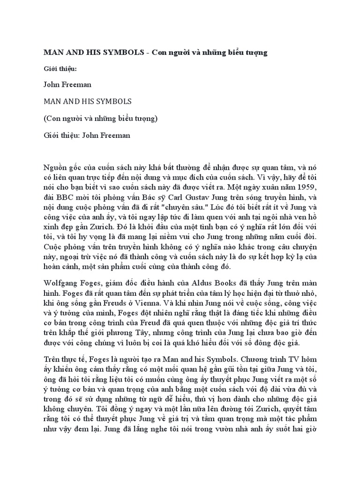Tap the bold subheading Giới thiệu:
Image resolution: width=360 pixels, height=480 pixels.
(60, 69)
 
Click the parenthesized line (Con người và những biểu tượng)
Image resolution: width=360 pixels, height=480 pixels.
(101, 119)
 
